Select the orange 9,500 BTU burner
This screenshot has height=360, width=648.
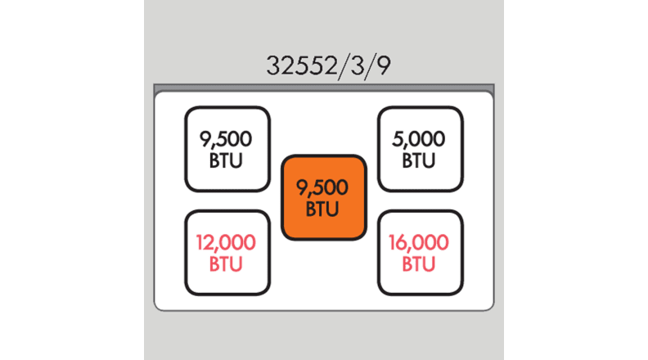tap(324, 198)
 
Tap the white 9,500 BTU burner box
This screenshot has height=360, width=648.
tap(227, 149)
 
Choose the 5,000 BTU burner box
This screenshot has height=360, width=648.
tap(421, 149)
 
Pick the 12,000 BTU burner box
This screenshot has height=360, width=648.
tap(227, 253)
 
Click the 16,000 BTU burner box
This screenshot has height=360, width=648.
tap(421, 253)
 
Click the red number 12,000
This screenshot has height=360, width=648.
tap(227, 243)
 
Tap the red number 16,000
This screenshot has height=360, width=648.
tap(421, 243)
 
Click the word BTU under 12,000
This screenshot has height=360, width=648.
tap(227, 264)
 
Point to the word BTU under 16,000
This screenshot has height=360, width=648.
tap(421, 264)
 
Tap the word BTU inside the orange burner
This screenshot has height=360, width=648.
tap(322, 209)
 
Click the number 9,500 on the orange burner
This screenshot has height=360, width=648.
tap(322, 188)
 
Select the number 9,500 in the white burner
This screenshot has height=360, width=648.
tap(227, 139)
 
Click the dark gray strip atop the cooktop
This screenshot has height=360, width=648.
tap(324, 87)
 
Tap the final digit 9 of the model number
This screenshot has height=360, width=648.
tap(381, 65)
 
